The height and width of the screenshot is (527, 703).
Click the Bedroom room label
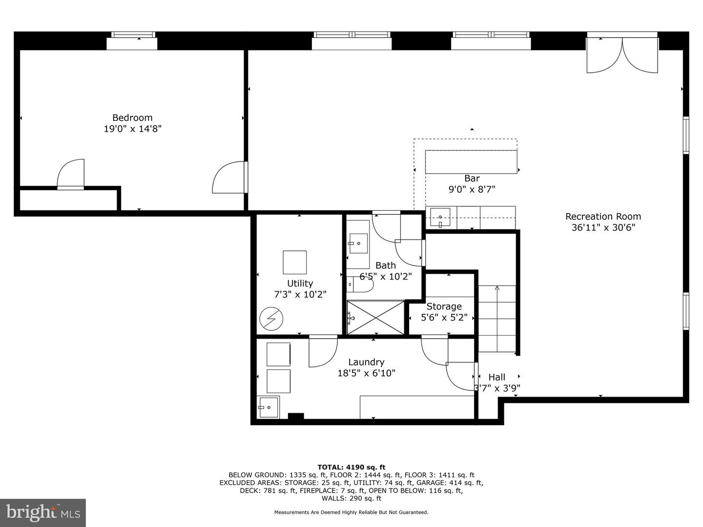pyautogui.click(x=132, y=118)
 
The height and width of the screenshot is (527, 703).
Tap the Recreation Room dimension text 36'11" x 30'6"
pyautogui.click(x=603, y=227)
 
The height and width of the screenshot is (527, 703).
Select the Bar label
pyautogui.click(x=472, y=179)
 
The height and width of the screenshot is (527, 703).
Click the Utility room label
pyautogui.click(x=300, y=284)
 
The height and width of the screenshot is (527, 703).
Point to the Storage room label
pyautogui.click(x=444, y=306)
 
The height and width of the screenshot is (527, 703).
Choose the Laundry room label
pyautogui.click(x=366, y=362)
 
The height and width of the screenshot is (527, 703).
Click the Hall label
pyautogui.click(x=497, y=377)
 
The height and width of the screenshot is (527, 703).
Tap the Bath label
pyautogui.click(x=386, y=265)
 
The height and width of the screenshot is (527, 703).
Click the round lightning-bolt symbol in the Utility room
pyautogui.click(x=271, y=319)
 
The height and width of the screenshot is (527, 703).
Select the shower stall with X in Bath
pyautogui.click(x=375, y=318)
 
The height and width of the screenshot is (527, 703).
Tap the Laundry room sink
pyautogui.click(x=269, y=407)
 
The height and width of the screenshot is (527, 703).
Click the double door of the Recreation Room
pyautogui.click(x=622, y=55)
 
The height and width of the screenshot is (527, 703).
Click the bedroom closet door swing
pyautogui.click(x=71, y=174)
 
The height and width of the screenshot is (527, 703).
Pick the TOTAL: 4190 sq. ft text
pyautogui.click(x=351, y=467)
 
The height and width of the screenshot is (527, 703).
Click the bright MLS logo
pyautogui.click(x=42, y=512)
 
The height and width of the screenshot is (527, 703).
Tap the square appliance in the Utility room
pyautogui.click(x=295, y=263)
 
